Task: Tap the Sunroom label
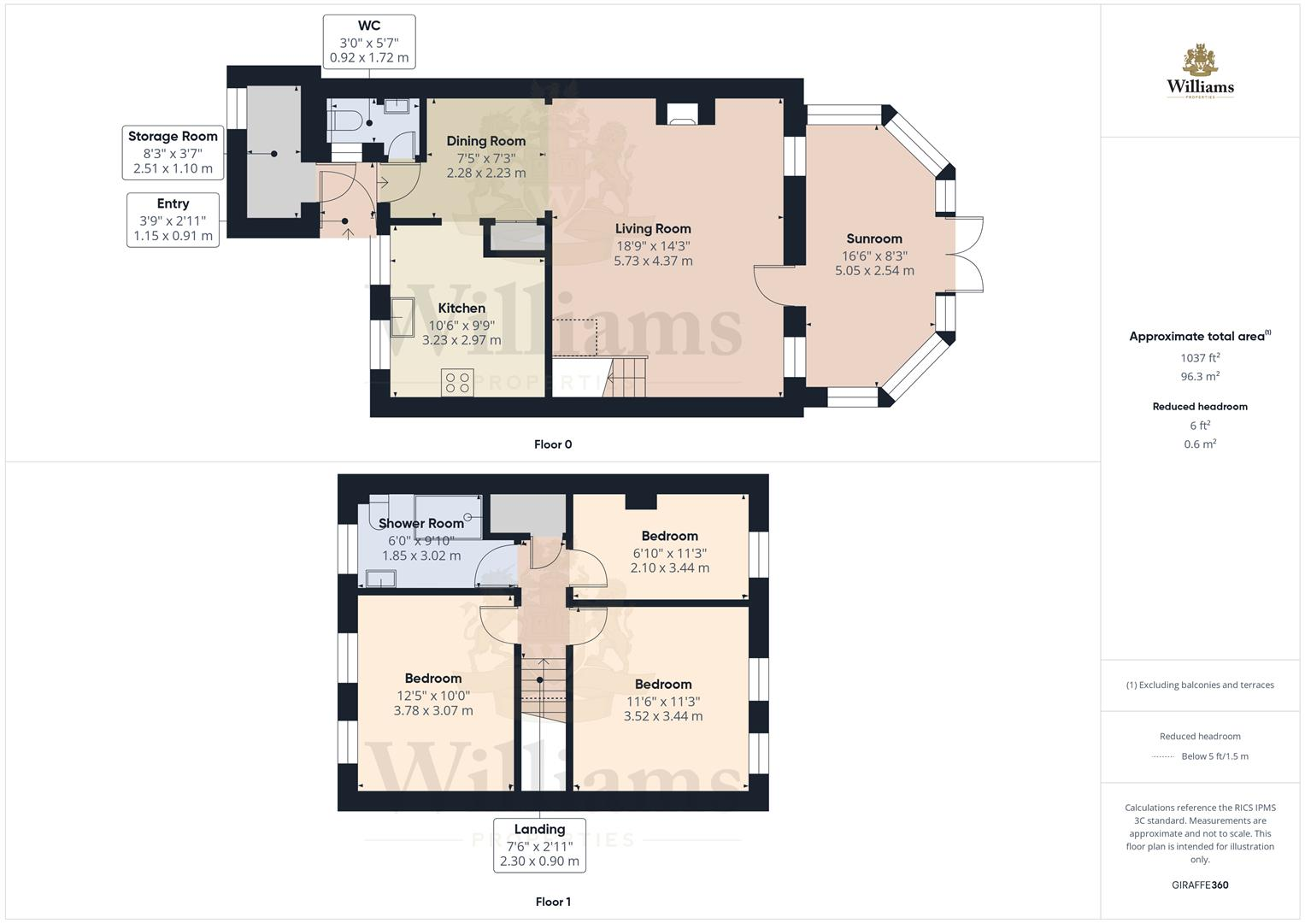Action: coord(873,238)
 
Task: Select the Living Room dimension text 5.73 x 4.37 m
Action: coord(653,261)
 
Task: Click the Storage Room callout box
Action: coord(173,152)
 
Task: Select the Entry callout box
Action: coord(173,220)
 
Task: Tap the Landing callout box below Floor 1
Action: coord(539,845)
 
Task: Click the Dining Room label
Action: coord(485,141)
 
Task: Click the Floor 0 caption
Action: coord(553,444)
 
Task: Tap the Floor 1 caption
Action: coord(553,902)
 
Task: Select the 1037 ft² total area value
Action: coord(1200,358)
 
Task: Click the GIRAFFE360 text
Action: coord(1200,885)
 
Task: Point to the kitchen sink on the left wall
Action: coord(403,315)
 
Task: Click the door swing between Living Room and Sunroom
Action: coord(773,286)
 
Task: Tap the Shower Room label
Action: coord(420,523)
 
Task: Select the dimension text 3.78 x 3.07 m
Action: coord(433,710)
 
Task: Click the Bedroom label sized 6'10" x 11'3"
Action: coord(669,536)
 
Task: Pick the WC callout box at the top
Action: coord(369,42)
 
